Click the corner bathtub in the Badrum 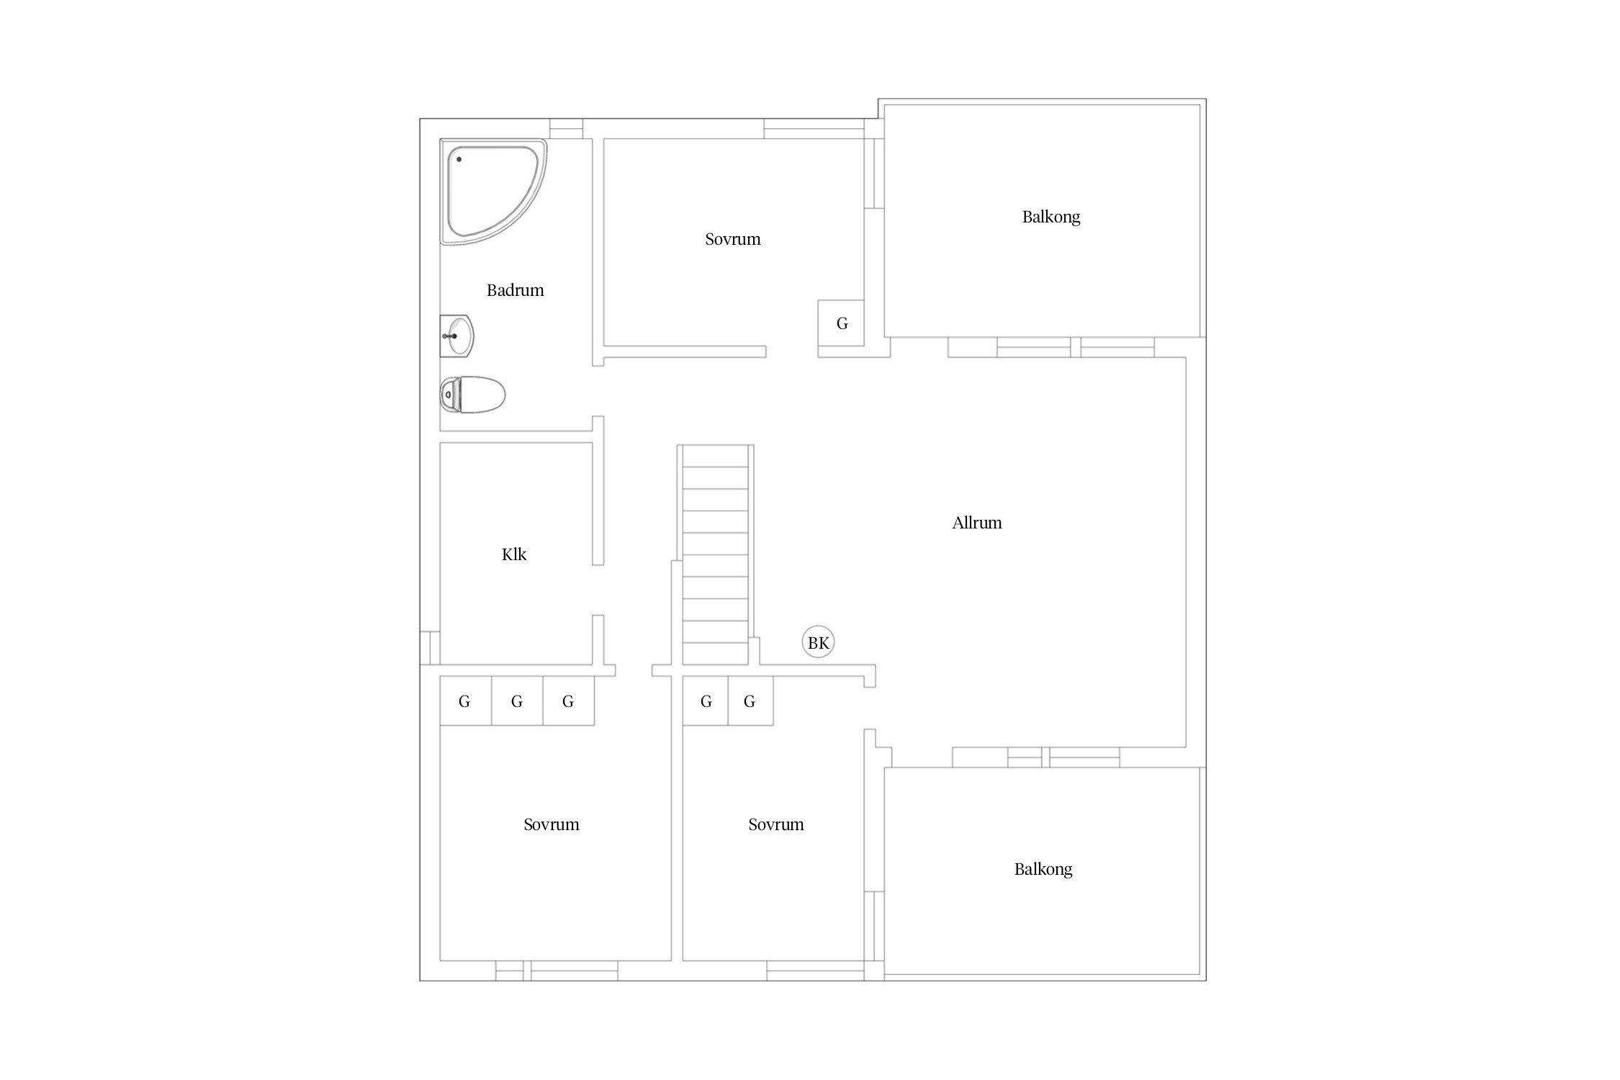[x=492, y=192]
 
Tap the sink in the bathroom [x=456, y=336]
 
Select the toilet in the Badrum [x=472, y=395]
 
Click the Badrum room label [x=515, y=290]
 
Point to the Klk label [x=514, y=554]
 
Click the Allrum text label [x=977, y=523]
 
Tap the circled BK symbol [x=819, y=642]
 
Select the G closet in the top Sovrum [x=841, y=323]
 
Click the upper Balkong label [x=1051, y=217]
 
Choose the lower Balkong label [x=1043, y=869]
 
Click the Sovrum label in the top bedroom [x=733, y=239]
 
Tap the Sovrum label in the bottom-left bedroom [x=552, y=824]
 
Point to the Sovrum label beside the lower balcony [x=776, y=824]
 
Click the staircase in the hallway [x=716, y=554]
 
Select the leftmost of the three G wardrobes [x=465, y=701]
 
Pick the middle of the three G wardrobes [x=517, y=701]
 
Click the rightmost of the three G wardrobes [x=568, y=701]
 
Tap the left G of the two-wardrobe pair [x=706, y=701]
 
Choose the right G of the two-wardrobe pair [x=750, y=701]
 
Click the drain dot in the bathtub [x=459, y=159]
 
